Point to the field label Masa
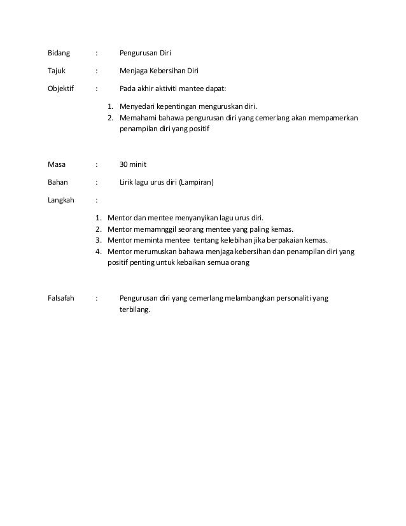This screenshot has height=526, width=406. tap(57, 164)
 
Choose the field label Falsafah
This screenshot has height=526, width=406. tap(62, 297)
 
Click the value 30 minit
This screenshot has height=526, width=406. tap(133, 164)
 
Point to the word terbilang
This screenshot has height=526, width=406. tap(136, 310)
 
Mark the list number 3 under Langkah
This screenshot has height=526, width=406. tap(99, 240)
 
